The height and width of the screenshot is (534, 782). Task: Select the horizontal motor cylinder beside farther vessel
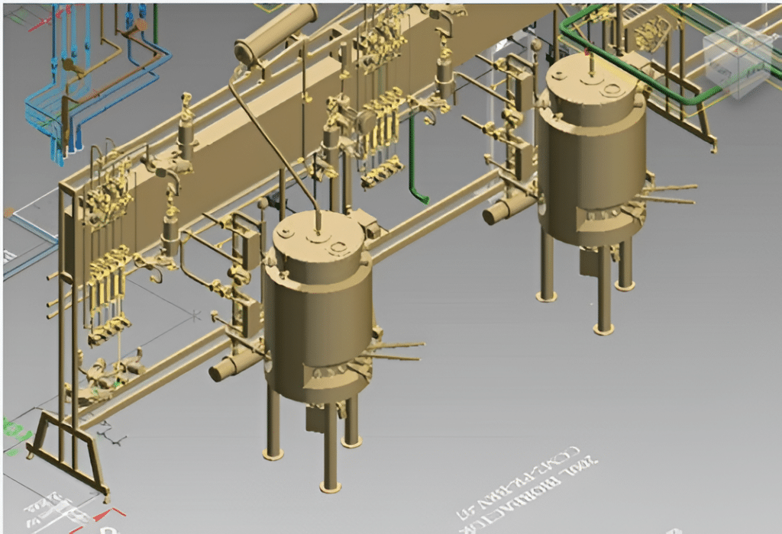[x=503, y=209]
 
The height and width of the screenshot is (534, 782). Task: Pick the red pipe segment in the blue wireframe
[x=142, y=23]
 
